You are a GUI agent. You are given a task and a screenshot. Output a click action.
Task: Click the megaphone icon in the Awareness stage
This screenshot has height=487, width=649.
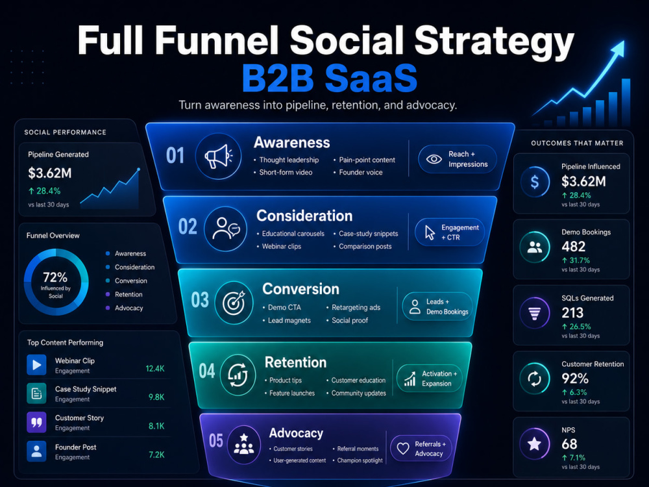click(x=218, y=156)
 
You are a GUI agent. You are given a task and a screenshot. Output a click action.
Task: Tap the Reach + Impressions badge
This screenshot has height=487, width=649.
click(x=458, y=159)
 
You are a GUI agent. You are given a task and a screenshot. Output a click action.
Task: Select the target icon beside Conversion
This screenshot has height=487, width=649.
click(x=234, y=303)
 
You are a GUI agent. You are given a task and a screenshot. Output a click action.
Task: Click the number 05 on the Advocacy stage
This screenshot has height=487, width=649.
click(x=215, y=441)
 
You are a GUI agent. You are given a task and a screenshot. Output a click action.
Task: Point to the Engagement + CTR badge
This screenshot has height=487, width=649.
click(x=450, y=232)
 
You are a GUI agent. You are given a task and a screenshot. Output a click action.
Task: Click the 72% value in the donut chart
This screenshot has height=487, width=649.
click(x=55, y=277)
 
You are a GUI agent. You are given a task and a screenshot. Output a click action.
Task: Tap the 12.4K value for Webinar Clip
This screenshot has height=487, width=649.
click(x=155, y=369)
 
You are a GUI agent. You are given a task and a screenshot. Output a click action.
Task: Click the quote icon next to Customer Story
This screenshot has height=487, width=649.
click(x=36, y=423)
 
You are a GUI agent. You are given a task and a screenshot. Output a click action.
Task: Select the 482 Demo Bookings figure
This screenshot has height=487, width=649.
click(x=573, y=246)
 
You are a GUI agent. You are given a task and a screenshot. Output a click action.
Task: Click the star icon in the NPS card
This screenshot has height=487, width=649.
click(x=534, y=444)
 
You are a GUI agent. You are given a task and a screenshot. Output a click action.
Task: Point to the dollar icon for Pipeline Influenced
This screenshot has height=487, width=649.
click(x=535, y=182)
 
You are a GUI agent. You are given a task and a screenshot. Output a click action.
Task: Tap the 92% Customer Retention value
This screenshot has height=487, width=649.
click(x=575, y=379)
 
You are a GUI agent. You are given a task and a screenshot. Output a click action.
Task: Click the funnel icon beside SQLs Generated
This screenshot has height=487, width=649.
click(x=535, y=313)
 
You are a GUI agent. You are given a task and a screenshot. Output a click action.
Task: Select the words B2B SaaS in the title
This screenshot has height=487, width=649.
click(x=330, y=79)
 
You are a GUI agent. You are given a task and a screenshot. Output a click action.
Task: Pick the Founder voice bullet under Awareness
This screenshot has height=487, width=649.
click(x=358, y=172)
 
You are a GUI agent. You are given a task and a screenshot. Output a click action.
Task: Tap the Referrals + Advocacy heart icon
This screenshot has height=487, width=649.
click(x=403, y=449)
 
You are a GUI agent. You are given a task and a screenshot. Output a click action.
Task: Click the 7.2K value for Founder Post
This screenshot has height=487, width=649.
click(x=156, y=455)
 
